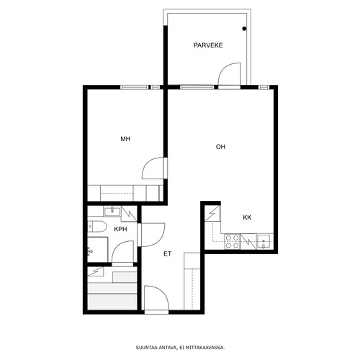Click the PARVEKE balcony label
(x=208, y=45)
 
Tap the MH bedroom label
(x=125, y=139)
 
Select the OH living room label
(x=220, y=147)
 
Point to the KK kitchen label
(x=247, y=217)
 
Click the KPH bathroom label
(x=120, y=229)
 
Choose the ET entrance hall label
(x=168, y=254)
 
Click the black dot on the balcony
(x=244, y=29)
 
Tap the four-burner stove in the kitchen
(x=233, y=241)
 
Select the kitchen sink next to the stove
(x=264, y=241)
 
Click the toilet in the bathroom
(x=96, y=226)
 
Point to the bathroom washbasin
(x=112, y=212)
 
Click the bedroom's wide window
(x=135, y=87)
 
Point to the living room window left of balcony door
(x=197, y=87)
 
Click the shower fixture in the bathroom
(x=90, y=251)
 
